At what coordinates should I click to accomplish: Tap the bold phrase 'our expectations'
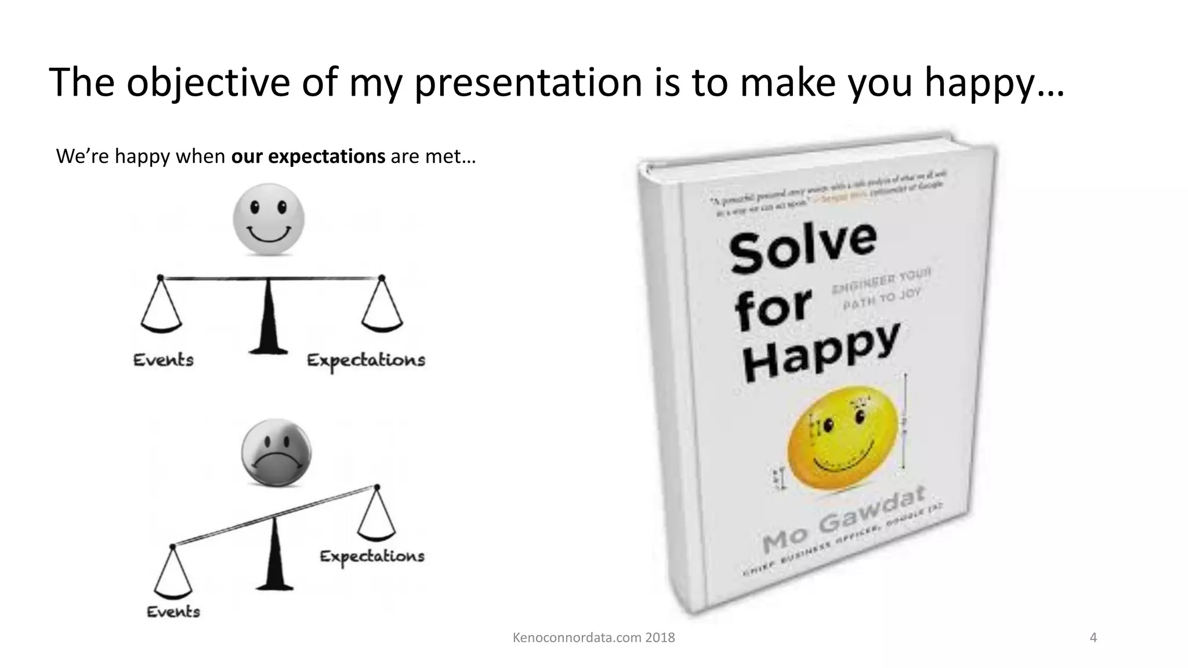(x=308, y=157)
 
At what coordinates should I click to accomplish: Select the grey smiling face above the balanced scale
(x=269, y=219)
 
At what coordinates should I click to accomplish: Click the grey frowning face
(x=276, y=452)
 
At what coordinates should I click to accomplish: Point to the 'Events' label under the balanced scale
(x=164, y=360)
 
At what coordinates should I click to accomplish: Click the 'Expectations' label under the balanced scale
(x=366, y=361)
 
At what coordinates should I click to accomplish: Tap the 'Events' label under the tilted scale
(x=173, y=612)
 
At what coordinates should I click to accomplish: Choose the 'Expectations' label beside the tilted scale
(x=372, y=557)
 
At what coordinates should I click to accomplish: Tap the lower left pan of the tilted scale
(x=172, y=580)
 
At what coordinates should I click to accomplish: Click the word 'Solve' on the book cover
(x=803, y=247)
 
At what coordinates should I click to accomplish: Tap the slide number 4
(x=1093, y=638)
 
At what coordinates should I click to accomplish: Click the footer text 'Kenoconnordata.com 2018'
(x=593, y=638)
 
